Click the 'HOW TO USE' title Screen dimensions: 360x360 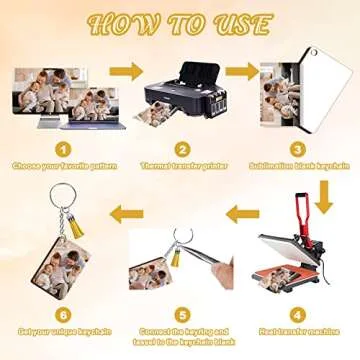[180, 24]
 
